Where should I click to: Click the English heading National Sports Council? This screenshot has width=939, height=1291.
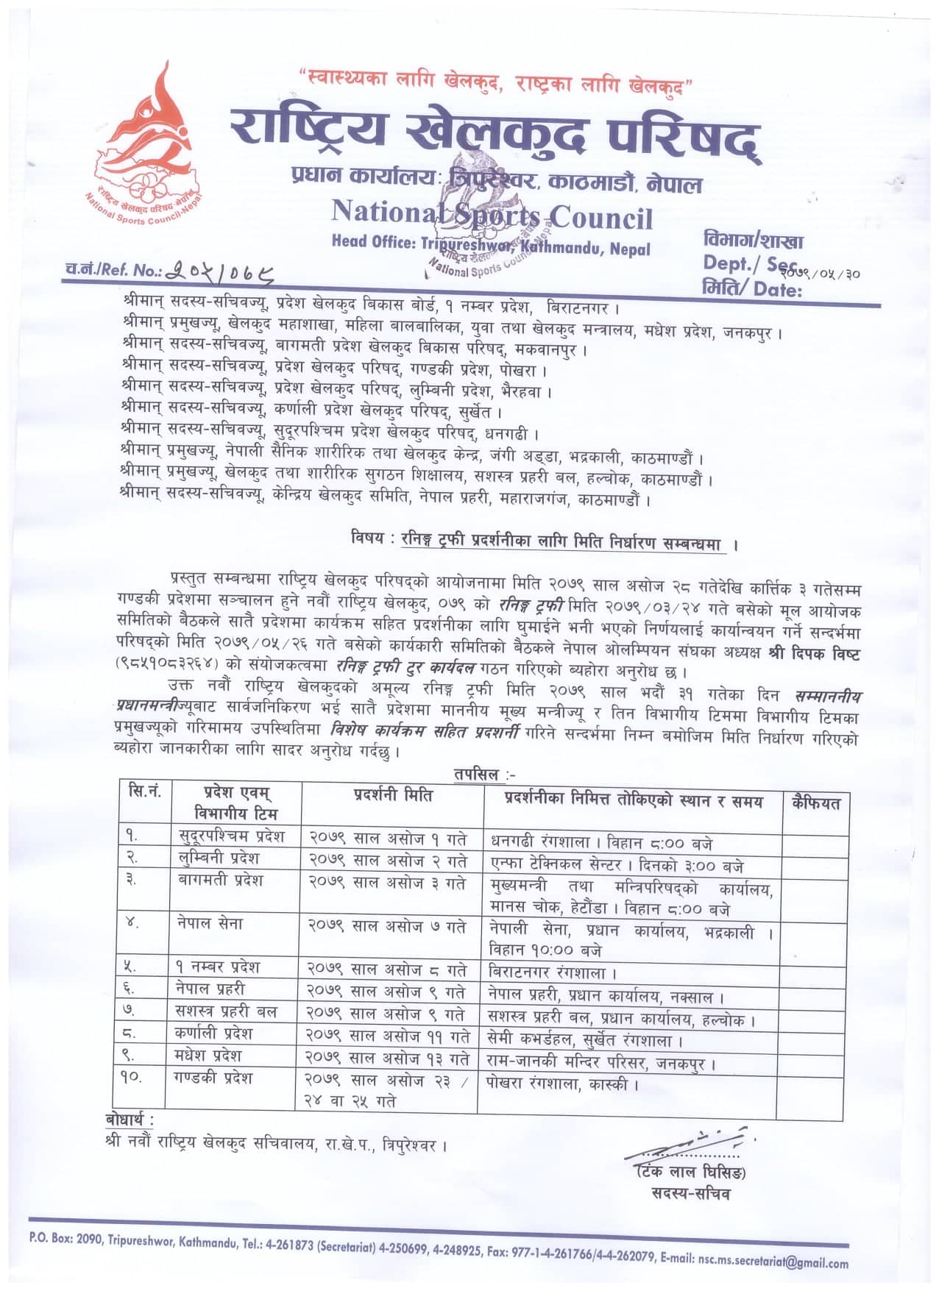(491, 216)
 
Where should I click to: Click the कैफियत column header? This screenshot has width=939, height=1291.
(815, 803)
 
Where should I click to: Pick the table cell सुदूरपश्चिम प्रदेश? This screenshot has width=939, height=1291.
(232, 836)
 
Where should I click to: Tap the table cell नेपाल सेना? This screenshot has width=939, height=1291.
(210, 924)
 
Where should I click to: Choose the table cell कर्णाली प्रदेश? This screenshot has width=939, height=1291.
(214, 1033)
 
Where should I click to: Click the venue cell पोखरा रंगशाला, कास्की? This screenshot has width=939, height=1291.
(563, 1084)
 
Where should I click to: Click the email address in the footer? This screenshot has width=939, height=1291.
(772, 1262)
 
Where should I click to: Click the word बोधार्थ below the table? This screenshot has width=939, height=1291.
(130, 1120)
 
